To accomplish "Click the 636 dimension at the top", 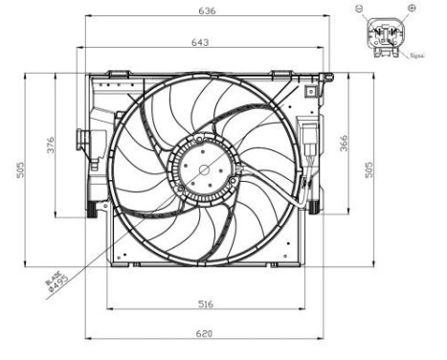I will [207, 11].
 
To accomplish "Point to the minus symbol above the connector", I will [362, 8].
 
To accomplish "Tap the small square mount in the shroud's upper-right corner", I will [310, 92].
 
